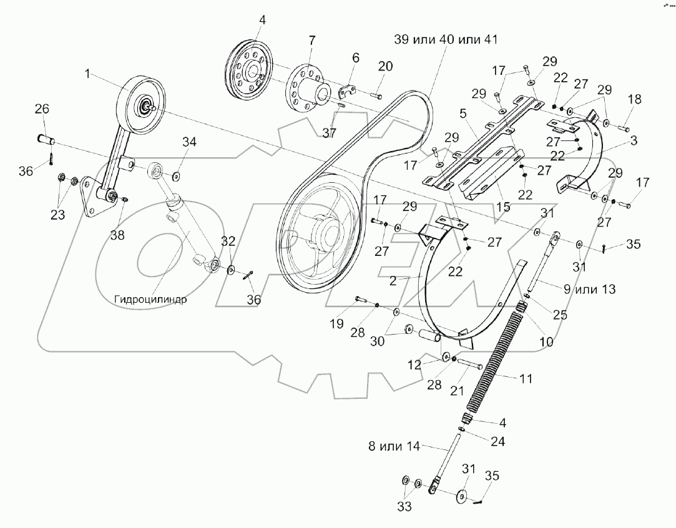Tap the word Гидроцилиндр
pyautogui.click(x=151, y=298)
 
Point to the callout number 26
pyautogui.click(x=41, y=109)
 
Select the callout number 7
pyautogui.click(x=311, y=41)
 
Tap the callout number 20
pyautogui.click(x=385, y=67)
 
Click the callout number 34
pyautogui.click(x=189, y=143)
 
